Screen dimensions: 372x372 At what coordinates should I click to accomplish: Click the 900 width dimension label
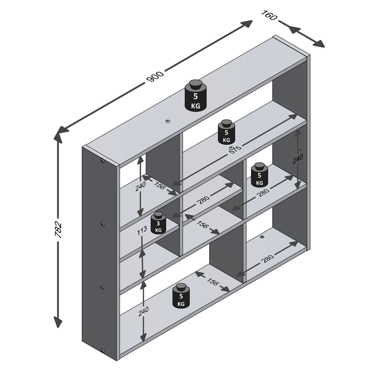156,76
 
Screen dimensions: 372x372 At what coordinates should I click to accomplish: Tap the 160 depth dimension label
269,15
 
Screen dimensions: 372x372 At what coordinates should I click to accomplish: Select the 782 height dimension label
58,229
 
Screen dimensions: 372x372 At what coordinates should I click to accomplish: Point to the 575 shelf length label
235,149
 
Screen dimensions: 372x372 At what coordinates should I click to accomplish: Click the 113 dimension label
142,230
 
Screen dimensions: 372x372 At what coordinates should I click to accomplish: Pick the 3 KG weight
159,223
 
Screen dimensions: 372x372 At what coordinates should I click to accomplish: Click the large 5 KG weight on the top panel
195,96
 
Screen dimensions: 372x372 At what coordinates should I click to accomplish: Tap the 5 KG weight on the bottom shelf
181,296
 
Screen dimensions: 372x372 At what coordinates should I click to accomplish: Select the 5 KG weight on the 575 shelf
226,132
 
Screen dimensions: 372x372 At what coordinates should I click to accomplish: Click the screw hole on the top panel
168,121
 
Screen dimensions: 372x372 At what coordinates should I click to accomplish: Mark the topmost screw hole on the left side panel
102,161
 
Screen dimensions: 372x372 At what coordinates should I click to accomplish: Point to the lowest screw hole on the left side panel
102,351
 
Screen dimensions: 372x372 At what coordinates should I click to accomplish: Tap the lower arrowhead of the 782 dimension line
58,322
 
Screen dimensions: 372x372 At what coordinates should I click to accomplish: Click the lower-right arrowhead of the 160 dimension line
319,43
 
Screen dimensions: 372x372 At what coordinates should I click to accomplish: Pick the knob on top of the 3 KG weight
159,215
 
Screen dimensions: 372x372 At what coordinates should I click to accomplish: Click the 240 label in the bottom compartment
144,312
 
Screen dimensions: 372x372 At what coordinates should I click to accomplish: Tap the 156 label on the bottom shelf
212,282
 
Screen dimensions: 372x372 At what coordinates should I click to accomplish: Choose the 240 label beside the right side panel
298,159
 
